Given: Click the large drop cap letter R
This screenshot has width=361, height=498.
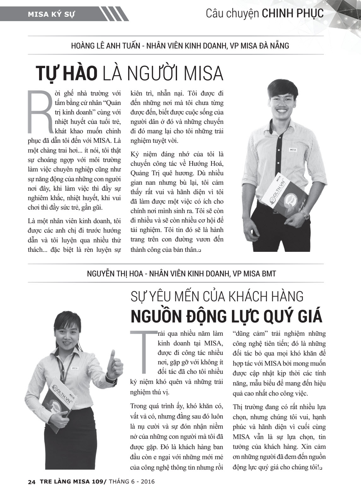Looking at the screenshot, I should click(x=40, y=112).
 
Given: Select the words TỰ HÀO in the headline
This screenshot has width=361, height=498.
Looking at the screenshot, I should click(x=66, y=73).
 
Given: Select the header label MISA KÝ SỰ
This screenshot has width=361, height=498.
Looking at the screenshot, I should click(x=51, y=14).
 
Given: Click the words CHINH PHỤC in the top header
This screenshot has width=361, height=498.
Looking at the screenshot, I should click(x=293, y=14).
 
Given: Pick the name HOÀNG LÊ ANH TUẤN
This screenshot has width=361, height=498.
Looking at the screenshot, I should click(x=106, y=46).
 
